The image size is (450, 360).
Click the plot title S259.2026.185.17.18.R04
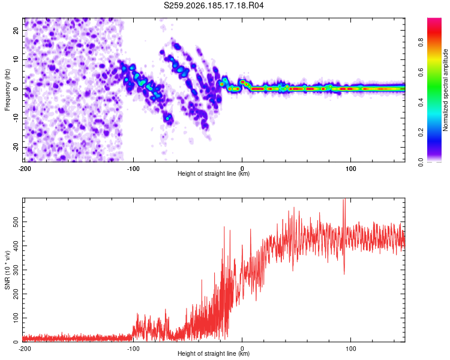214,5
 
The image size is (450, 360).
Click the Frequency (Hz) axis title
7,90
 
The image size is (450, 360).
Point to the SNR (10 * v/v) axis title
7,270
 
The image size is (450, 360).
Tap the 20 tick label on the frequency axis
16,31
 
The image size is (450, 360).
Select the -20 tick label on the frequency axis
16,148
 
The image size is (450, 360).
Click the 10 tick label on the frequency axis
16,60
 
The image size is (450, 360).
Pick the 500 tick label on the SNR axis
16,222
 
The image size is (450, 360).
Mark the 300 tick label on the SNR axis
16,270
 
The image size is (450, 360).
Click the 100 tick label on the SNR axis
16,318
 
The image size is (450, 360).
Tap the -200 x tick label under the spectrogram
25,169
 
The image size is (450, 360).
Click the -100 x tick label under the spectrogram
133,169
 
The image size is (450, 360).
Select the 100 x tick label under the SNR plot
351,349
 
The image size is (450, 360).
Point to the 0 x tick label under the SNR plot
242,349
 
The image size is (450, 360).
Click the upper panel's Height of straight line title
214,173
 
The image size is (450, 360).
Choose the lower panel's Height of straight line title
214,353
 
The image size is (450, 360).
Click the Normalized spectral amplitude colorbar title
445,90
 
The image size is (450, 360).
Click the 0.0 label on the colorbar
421,162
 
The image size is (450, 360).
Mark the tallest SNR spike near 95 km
344,200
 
